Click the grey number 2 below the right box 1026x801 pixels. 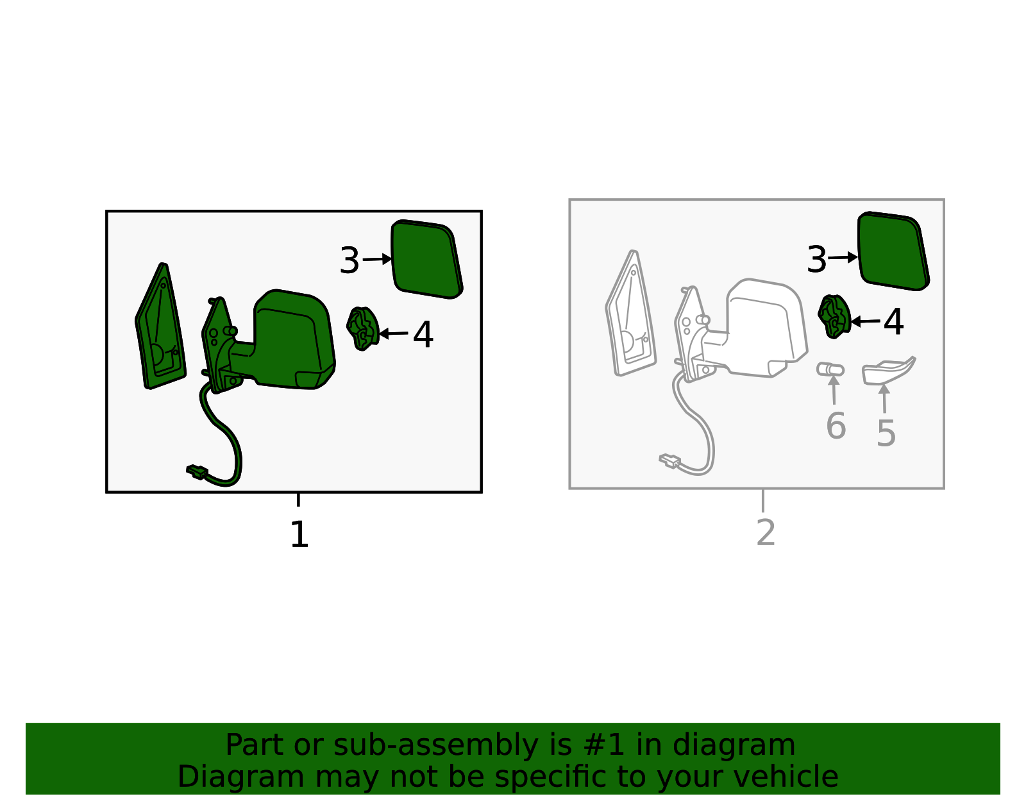[x=766, y=532]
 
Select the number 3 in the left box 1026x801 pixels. [x=349, y=260]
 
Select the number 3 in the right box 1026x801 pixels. [x=817, y=258]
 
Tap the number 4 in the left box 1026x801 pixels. [x=423, y=335]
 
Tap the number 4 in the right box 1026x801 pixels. [x=893, y=322]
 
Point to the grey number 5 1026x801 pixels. [x=886, y=433]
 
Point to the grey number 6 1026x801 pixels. [x=836, y=425]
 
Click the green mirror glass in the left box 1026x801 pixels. [x=426, y=259]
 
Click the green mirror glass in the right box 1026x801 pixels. [x=893, y=251]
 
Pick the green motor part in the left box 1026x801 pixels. [x=362, y=328]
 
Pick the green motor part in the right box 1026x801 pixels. [x=834, y=317]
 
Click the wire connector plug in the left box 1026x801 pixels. [x=198, y=471]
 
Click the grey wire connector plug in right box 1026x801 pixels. [x=669, y=460]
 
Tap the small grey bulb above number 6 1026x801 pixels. [x=830, y=369]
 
